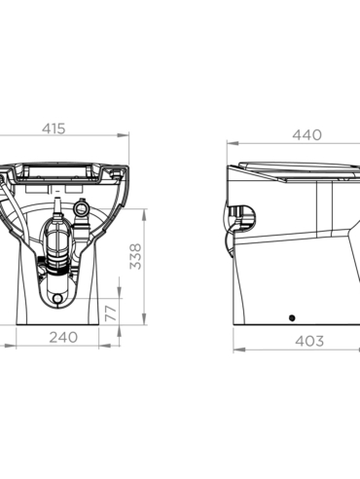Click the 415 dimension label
coord(54,129)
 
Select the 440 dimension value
coord(306,134)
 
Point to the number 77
coord(111,313)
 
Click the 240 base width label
coord(63,337)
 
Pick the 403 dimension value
coord(309,341)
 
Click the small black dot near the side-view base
coord(292,318)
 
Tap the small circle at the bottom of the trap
coord(57,298)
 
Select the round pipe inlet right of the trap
coord(82,208)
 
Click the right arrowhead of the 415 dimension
coord(124,135)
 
